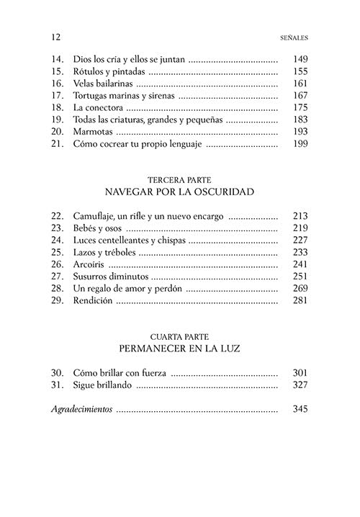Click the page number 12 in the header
(57, 36)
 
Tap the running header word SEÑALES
(292, 36)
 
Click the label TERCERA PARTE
(180, 179)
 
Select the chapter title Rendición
(94, 300)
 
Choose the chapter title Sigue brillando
(104, 385)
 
